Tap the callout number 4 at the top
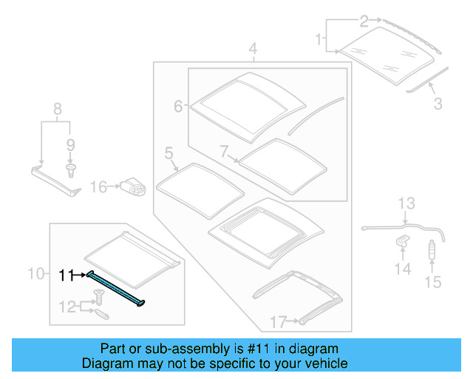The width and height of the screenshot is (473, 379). (x=253, y=50)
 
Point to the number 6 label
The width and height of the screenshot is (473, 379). (x=178, y=107)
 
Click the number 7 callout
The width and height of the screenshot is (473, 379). (x=225, y=151)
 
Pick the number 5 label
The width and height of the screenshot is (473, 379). (x=169, y=154)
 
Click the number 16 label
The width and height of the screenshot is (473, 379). (x=99, y=187)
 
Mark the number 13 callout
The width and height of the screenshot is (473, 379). (x=407, y=203)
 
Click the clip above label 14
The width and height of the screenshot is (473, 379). (x=403, y=241)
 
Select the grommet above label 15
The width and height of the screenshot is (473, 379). (x=432, y=252)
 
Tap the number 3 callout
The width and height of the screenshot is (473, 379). (x=438, y=104)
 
